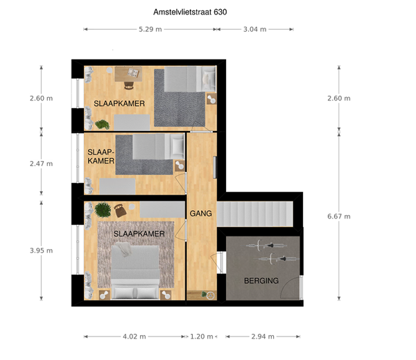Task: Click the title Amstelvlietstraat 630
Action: click(x=190, y=12)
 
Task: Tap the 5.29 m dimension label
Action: click(x=150, y=29)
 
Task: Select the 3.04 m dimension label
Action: click(x=254, y=29)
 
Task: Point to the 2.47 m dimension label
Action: click(x=41, y=164)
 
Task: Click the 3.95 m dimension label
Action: click(x=41, y=250)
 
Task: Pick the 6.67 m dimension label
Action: click(x=339, y=216)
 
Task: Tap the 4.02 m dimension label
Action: click(x=135, y=336)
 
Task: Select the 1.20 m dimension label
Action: click(x=202, y=336)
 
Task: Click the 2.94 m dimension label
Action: click(x=263, y=336)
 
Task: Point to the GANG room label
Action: click(x=201, y=213)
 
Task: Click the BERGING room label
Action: click(x=261, y=281)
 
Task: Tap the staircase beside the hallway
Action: click(x=255, y=214)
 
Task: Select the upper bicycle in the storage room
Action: click(x=263, y=246)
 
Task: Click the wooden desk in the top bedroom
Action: click(x=128, y=74)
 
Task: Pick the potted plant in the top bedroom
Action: click(x=102, y=125)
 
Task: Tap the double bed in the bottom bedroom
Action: click(x=135, y=272)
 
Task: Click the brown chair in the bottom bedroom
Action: click(x=120, y=210)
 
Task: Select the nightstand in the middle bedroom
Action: click(x=180, y=166)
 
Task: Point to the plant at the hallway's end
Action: click(x=204, y=294)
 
